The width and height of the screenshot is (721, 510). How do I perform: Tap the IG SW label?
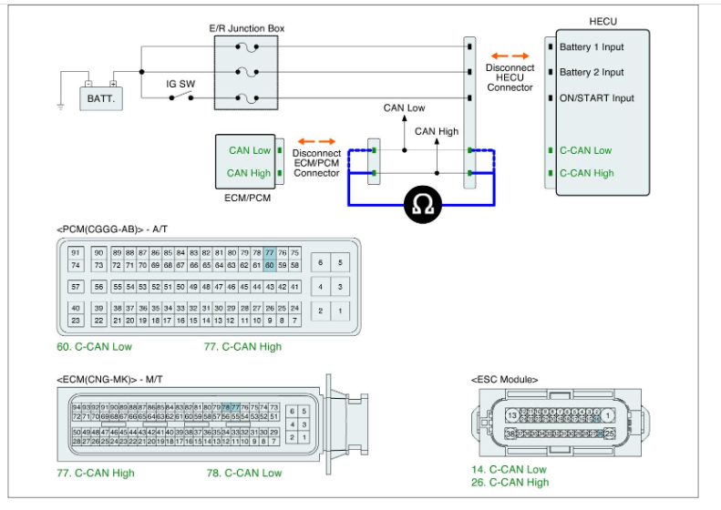(180, 83)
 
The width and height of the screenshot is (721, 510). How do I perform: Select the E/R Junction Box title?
(247, 28)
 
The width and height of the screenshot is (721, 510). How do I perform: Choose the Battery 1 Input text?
(592, 46)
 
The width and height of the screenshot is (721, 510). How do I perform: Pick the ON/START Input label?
(597, 97)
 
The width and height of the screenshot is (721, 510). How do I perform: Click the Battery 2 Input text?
(592, 72)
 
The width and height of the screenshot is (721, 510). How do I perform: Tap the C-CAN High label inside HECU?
(586, 173)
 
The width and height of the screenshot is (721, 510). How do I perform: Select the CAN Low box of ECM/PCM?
(249, 150)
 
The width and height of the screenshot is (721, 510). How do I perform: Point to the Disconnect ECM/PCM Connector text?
(317, 163)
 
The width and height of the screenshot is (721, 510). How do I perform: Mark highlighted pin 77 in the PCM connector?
(270, 252)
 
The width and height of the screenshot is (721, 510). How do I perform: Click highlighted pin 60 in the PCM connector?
(270, 265)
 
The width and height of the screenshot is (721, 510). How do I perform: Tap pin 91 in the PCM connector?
(77, 252)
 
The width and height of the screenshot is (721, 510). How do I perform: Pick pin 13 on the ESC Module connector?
(514, 415)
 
